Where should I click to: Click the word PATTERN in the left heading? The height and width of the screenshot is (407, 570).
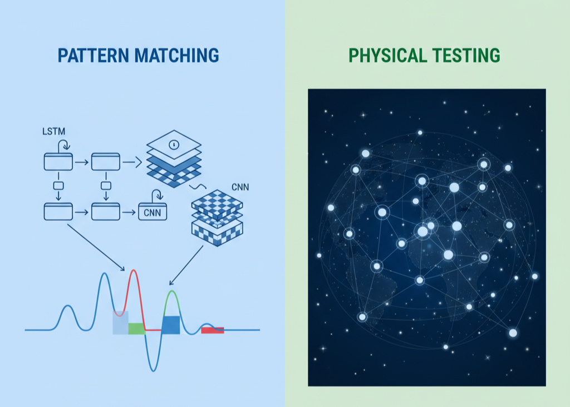click(x=93, y=56)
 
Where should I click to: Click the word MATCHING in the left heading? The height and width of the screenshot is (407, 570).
click(x=176, y=56)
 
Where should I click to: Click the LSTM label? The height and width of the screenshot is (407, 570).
click(x=54, y=131)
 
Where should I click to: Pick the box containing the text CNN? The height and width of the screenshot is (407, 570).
click(x=153, y=212)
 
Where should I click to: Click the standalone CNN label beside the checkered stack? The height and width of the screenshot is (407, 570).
click(x=240, y=187)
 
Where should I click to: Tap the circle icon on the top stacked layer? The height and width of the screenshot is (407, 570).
click(x=174, y=145)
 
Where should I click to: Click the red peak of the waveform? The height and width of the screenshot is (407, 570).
click(x=134, y=271)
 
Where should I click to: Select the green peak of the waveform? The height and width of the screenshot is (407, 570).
click(x=172, y=292)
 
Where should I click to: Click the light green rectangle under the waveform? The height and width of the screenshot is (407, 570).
click(x=137, y=328)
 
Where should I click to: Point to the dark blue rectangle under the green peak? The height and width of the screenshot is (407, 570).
click(x=171, y=325)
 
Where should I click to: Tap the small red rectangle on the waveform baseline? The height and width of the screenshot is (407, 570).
click(x=213, y=330)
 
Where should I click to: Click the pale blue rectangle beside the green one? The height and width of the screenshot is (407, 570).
click(x=120, y=322)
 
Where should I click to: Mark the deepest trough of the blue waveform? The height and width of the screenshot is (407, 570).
click(x=154, y=370)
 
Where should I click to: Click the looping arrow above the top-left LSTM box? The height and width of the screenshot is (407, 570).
click(x=65, y=144)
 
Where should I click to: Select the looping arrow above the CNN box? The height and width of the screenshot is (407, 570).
click(x=158, y=194)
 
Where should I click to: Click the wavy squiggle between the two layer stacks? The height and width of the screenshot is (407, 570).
click(x=198, y=187)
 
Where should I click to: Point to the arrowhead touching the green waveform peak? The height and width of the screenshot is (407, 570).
click(x=171, y=283)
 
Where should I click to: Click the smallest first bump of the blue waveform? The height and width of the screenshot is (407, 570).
click(x=67, y=306)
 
